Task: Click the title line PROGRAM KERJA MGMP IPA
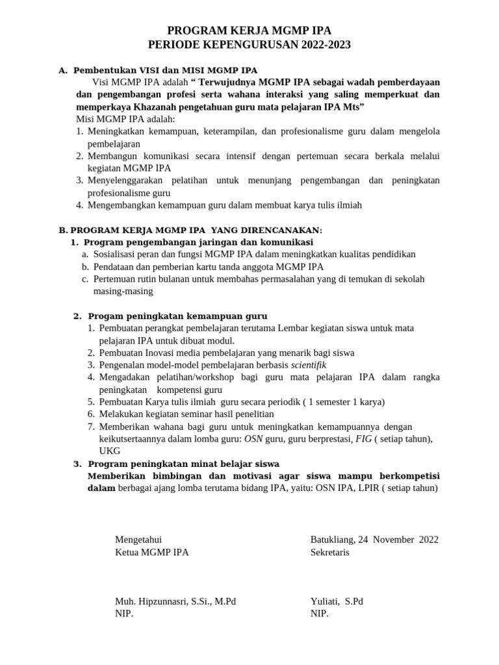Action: [x=249, y=30]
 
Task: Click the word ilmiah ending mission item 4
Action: [x=347, y=205]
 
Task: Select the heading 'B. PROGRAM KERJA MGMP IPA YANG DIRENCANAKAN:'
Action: [x=190, y=230]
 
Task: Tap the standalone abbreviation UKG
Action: [x=109, y=451]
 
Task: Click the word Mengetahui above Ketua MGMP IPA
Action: [x=138, y=539]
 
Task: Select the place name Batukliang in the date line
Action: [x=332, y=539]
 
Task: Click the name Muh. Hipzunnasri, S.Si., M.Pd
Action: [x=175, y=601]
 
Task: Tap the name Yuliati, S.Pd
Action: [x=337, y=601]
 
